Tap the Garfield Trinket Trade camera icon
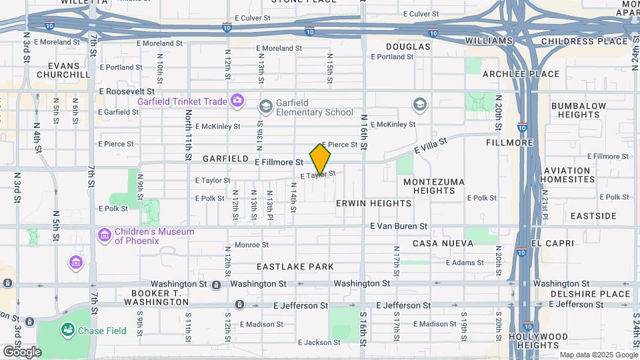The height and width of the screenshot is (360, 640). (237, 101)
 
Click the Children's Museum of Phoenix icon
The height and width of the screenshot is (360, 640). (104, 235)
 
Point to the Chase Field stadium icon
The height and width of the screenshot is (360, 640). (67, 329)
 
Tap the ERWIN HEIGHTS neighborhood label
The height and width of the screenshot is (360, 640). (373, 203)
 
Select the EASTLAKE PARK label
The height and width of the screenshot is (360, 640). (295, 267)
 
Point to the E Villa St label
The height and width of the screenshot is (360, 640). (431, 145)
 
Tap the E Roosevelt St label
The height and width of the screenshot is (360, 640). (127, 91)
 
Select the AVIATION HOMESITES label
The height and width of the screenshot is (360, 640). (575, 175)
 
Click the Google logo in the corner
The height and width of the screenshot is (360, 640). (21, 351)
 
